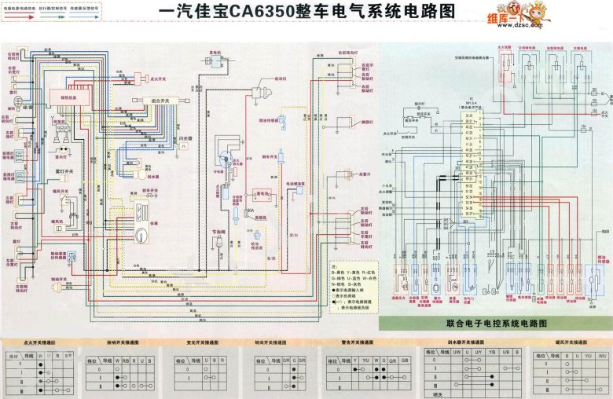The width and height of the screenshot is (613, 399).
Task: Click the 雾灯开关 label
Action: pyautogui.click(x=65, y=170)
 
